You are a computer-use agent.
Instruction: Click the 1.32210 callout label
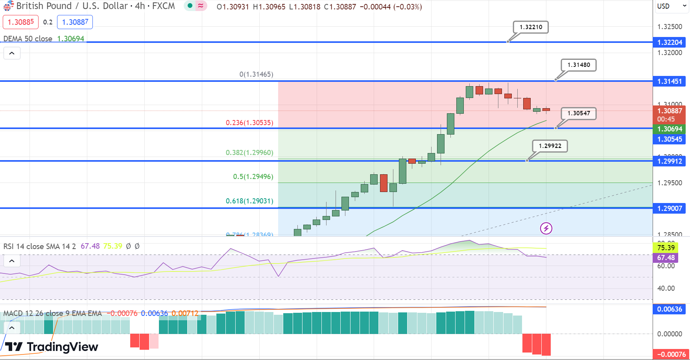click(531, 27)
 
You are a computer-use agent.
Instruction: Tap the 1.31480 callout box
click(579, 65)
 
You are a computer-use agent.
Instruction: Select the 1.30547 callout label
click(578, 113)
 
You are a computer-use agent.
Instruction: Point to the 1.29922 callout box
click(550, 146)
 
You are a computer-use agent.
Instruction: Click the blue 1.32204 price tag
click(670, 42)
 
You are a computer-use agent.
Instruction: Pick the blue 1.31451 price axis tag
click(670, 81)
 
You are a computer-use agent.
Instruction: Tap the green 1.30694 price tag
click(670, 129)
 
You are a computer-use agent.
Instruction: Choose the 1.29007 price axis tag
click(670, 209)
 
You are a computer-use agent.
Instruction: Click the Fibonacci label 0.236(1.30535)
click(249, 123)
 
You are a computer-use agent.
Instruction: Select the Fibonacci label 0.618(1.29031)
click(249, 201)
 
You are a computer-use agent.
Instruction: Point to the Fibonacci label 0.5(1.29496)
click(253, 177)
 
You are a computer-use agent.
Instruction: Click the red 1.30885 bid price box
click(21, 22)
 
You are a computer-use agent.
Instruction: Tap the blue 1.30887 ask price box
click(75, 22)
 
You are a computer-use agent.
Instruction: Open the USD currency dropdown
click(672, 6)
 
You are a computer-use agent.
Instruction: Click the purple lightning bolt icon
click(546, 228)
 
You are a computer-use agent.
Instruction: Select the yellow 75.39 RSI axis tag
click(666, 248)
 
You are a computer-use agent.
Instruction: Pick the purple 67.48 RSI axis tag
click(666, 258)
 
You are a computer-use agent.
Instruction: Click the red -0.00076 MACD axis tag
click(671, 354)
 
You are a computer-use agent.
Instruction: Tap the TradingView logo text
click(62, 347)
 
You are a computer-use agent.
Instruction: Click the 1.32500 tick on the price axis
click(670, 27)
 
